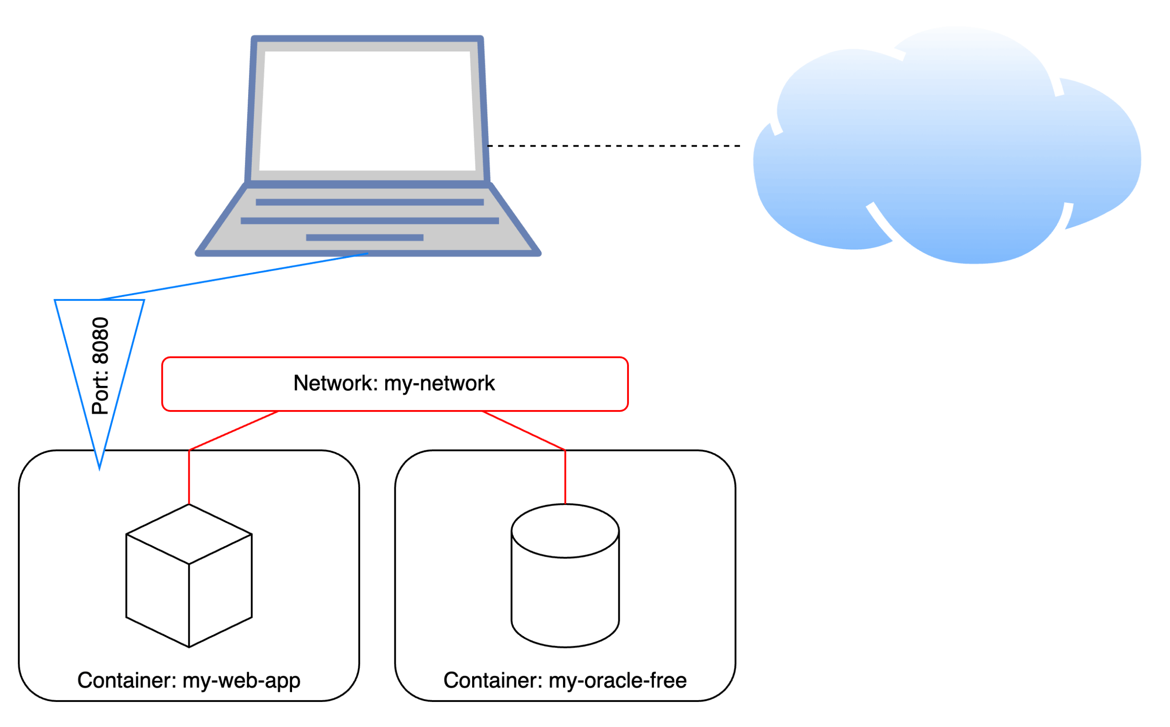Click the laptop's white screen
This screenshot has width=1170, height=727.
[367, 111]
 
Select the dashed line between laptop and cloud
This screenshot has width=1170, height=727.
[613, 146]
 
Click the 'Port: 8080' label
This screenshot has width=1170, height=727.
[100, 366]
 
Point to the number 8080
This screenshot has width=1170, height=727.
[100, 340]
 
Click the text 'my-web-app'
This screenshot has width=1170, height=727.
[241, 681]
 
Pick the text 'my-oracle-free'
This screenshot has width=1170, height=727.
[618, 681]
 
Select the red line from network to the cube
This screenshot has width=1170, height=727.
[234, 431]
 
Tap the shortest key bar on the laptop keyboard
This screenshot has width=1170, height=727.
[365, 237]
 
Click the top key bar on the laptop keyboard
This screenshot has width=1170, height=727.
[369, 202]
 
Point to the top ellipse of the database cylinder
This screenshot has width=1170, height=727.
[565, 531]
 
